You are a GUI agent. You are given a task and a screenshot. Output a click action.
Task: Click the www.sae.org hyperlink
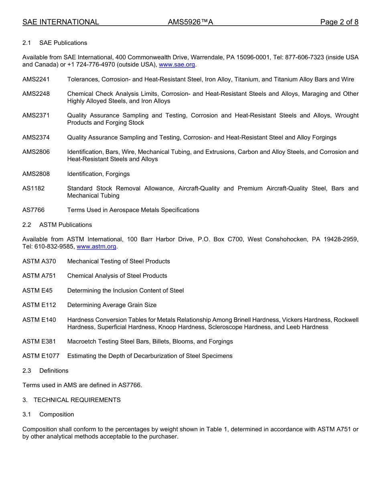coord(177,65)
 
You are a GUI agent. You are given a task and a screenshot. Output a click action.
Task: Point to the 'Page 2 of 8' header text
coord(339,22)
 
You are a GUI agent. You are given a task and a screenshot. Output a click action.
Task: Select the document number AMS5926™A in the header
coord(190,22)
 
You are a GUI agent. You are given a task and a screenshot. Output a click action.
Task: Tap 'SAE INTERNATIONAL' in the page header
coord(61,22)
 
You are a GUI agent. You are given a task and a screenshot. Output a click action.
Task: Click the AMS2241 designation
coord(36,79)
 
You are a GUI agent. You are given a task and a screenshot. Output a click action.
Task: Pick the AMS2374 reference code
coord(36,137)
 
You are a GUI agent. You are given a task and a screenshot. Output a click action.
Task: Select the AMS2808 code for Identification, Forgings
coord(36,174)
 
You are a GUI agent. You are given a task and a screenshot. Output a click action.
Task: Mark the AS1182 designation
coord(33,188)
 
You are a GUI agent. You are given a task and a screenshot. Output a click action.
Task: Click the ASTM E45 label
coord(37,291)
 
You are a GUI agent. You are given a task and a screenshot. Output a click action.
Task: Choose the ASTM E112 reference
coord(39,305)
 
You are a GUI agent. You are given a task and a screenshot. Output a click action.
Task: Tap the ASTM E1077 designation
coord(41,356)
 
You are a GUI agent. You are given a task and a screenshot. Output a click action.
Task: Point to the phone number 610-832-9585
coord(54,246)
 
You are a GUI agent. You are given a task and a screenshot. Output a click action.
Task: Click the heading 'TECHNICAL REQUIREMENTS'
coord(77,400)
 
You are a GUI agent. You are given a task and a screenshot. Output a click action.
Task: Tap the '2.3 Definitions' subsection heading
coord(45,371)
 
